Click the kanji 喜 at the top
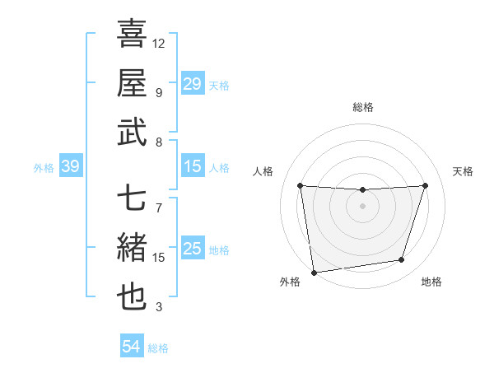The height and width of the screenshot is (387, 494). point(132,35)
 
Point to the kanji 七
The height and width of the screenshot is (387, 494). point(132,199)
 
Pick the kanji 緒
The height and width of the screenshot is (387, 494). point(132,248)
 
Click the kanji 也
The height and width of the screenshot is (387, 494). point(132,298)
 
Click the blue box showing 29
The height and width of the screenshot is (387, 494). point(192,84)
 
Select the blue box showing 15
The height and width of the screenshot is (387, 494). point(192,167)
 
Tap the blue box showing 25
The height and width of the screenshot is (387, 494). point(192,249)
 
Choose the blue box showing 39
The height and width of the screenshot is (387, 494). point(70,167)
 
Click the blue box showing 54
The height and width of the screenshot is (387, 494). point(131,347)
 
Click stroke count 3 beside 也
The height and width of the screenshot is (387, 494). point(159,307)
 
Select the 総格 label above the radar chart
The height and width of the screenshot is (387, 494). point(362,107)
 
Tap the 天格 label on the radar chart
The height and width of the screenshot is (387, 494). point(463,171)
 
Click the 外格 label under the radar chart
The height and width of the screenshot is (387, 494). point(289,282)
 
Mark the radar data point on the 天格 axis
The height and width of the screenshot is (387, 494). point(425,186)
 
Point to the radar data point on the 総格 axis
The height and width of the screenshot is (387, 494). point(362,190)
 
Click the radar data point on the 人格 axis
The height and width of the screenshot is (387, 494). point(300,186)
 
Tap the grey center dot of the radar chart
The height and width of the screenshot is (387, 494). point(362,206)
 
